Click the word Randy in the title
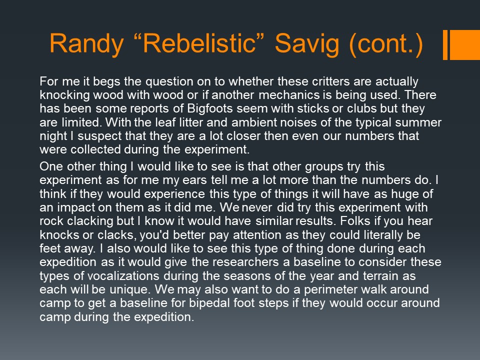coord(87,44)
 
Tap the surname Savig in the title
coord(307,44)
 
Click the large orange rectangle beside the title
coord(464,44)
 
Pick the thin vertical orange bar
coord(445,44)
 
